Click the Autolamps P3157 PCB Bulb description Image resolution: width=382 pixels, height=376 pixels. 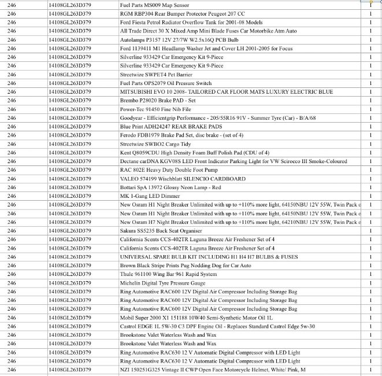[x=179, y=39]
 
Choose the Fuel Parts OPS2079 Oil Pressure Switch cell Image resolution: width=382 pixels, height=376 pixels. [x=166, y=83]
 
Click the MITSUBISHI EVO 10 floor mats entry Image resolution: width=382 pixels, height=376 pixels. [x=227, y=91]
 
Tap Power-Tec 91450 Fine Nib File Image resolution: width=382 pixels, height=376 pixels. [x=155, y=109]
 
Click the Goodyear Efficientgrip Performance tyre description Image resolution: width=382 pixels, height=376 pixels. [x=218, y=117]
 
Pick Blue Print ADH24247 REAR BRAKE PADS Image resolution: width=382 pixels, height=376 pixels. [x=171, y=126]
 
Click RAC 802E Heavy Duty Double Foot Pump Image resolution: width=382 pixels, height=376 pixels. [x=169, y=170]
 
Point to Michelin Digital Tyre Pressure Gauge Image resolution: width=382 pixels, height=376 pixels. [x=162, y=283]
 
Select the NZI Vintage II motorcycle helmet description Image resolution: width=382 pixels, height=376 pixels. [x=213, y=370]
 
